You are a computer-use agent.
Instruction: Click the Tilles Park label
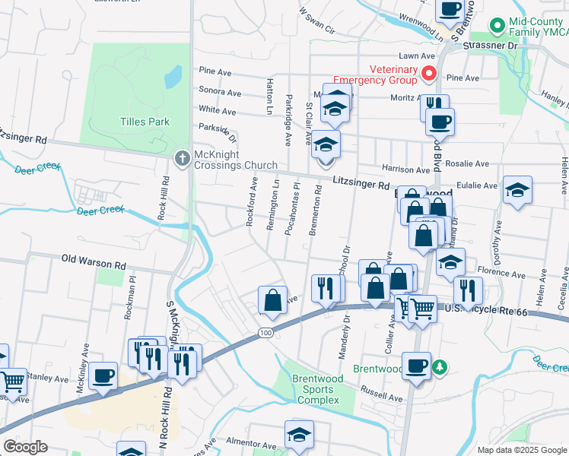144,122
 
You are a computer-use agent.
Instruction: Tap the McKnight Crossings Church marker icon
182,159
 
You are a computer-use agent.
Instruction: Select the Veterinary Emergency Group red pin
428,74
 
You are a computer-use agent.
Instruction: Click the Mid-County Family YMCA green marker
497,26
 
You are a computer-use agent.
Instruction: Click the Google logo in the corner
26,446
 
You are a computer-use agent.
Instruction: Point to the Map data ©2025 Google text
521,450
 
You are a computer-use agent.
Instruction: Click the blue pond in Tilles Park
173,76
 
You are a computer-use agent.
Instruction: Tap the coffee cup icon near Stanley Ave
103,374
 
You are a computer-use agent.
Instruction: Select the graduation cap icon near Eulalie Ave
517,190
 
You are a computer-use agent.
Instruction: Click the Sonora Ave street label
220,93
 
